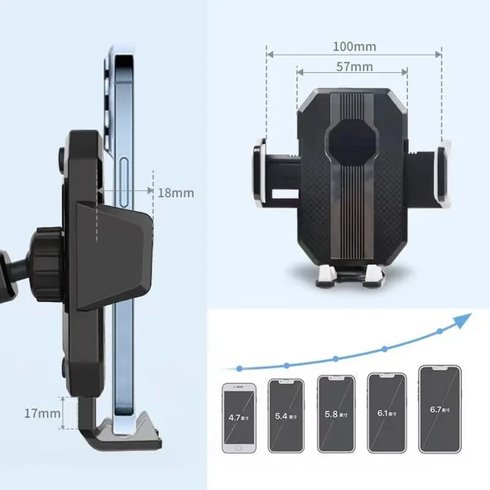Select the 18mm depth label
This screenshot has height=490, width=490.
(175, 193)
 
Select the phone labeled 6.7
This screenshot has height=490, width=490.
(439, 409)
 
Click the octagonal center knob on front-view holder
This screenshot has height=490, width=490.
(353, 142)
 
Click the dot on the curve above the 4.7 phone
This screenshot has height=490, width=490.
(239, 367)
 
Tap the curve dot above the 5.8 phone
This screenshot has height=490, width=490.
(335, 359)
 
